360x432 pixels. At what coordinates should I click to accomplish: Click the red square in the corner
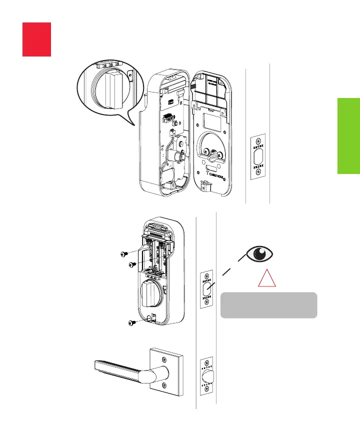pyautogui.click(x=36, y=39)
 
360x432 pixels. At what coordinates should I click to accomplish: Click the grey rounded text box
pyautogui.click(x=268, y=305)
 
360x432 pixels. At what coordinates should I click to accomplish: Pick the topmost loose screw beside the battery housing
pyautogui.click(x=124, y=254)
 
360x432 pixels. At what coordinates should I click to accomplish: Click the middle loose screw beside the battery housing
pyautogui.click(x=132, y=264)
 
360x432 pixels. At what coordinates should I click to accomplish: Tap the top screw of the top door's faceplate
pyautogui.click(x=258, y=141)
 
